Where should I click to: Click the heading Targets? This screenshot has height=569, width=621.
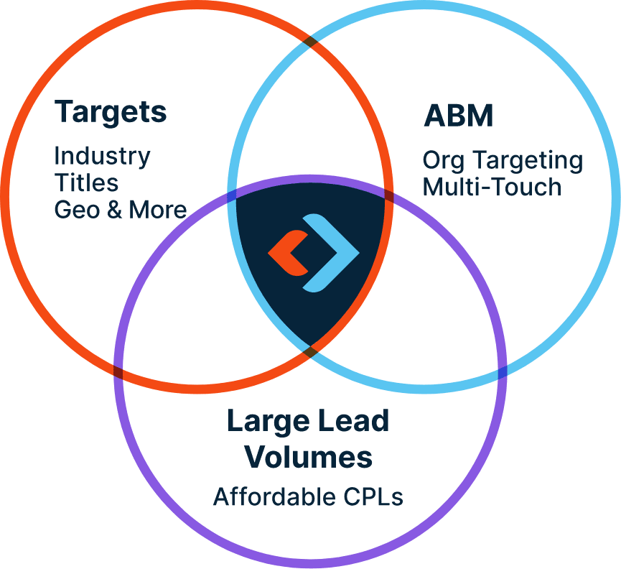111,113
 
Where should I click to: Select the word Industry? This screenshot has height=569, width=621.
102,156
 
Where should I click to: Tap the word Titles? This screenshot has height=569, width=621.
86,182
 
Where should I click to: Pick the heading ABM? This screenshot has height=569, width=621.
459,116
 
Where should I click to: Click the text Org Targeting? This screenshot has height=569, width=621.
503,159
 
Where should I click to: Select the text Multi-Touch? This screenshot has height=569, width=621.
492,187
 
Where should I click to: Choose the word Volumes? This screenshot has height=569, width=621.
309,457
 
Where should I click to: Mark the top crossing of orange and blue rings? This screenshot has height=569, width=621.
310,40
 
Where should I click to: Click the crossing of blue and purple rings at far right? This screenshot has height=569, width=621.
502,371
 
